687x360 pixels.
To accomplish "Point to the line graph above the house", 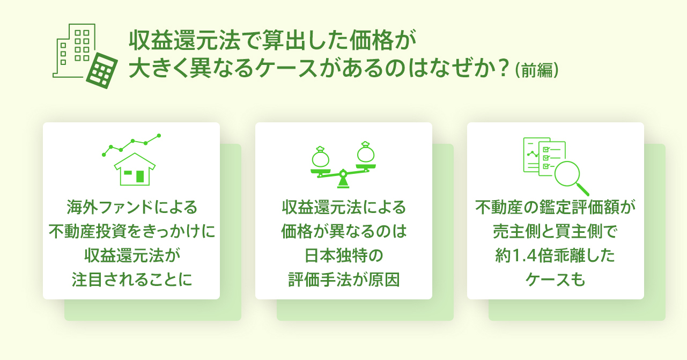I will click(131, 144).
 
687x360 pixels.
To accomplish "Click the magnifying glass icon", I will click(570, 177).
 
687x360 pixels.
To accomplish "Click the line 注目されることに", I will click(131, 280).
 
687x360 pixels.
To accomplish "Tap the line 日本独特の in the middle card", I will click(343, 256).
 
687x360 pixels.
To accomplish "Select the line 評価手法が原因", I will click(343, 280).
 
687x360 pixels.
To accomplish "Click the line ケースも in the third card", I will click(555, 280).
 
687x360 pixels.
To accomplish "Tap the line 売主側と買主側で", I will click(555, 231).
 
